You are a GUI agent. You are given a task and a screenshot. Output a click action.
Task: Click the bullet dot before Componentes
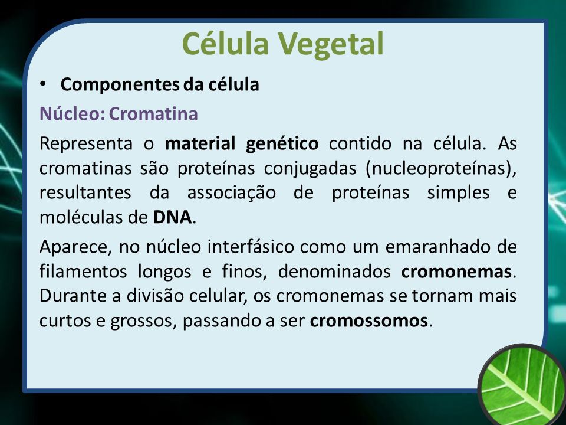tap(43, 84)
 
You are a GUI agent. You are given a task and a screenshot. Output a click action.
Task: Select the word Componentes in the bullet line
tap(120, 85)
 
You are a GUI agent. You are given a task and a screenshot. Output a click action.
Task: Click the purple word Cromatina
tap(153, 113)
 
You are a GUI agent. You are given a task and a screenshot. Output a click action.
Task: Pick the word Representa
tap(86, 143)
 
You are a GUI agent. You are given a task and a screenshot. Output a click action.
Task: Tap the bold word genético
tap(282, 144)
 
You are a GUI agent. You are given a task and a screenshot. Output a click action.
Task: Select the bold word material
tap(200, 143)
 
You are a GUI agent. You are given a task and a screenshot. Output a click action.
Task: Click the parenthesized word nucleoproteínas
tap(441, 168)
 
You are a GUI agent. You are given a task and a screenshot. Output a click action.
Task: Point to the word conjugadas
tap(310, 168)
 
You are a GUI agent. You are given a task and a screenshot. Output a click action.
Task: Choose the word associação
tap(231, 192)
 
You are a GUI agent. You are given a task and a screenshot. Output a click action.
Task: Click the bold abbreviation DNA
tap(173, 218)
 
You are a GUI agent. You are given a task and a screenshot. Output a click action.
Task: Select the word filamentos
tap(83, 272)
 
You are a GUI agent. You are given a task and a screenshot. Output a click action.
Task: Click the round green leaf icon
tap(522, 384)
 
